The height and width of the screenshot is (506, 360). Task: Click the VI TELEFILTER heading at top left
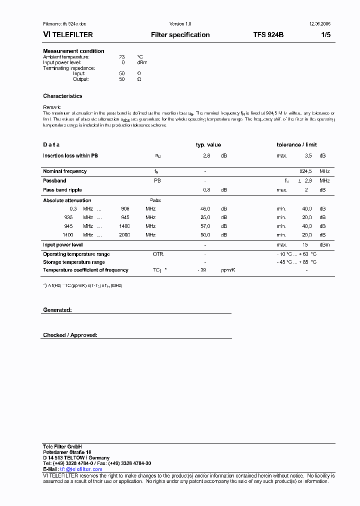click(x=68, y=35)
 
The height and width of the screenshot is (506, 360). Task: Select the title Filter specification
click(x=180, y=35)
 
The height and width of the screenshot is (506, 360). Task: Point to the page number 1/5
click(x=325, y=35)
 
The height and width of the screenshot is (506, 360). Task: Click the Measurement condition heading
click(x=73, y=51)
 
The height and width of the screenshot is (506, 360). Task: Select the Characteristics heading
click(x=62, y=96)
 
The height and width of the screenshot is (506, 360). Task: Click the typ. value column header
click(x=208, y=145)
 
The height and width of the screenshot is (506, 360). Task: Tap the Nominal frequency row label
click(x=64, y=171)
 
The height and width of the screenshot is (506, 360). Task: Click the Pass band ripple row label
click(x=62, y=190)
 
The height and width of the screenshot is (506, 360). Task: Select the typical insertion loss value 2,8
click(x=206, y=156)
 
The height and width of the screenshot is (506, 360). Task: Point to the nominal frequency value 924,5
click(x=305, y=171)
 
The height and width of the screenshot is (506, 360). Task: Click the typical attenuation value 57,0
click(x=205, y=226)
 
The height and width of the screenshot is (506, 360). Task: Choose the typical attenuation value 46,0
click(x=205, y=208)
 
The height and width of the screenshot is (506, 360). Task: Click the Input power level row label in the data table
click(x=62, y=245)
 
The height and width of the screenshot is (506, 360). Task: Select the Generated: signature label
click(x=57, y=310)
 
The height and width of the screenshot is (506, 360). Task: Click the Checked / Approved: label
click(x=70, y=335)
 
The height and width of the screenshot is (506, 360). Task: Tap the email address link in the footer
click(x=81, y=469)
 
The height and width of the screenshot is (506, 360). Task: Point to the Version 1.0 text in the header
click(x=180, y=24)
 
